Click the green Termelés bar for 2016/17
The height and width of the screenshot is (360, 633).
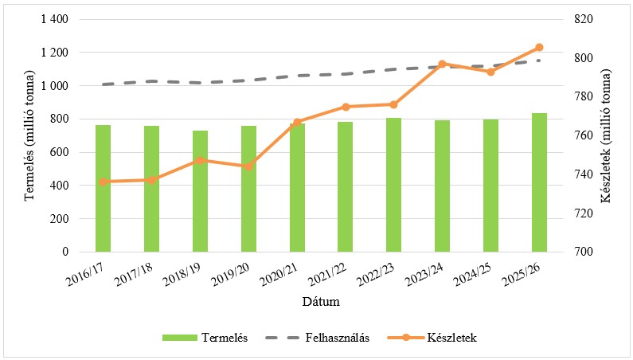pos(103,189)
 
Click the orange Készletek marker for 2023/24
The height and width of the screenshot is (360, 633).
pos(443,64)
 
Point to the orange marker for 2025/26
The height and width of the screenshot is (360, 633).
pos(539,48)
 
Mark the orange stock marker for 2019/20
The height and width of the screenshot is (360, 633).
pos(248,166)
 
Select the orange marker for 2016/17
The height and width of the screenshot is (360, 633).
pos(103,182)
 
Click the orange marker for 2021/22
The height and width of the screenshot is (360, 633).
pos(346,107)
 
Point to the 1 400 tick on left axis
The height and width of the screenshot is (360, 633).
pos(54,19)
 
